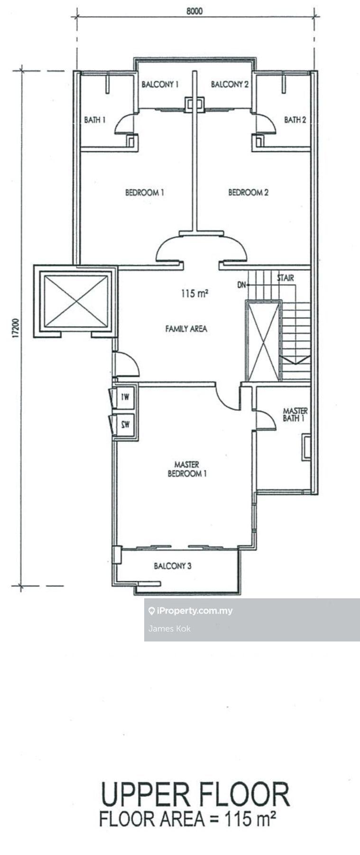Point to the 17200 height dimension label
click(15, 328)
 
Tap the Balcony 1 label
click(160, 84)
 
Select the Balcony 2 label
click(230, 84)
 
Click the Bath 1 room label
click(95, 120)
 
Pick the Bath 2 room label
click(295, 120)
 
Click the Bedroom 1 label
click(145, 193)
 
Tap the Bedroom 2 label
click(248, 193)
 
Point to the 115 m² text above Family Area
click(194, 294)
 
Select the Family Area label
click(186, 328)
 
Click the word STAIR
click(285, 278)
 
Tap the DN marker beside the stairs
click(242, 285)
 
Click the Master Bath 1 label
click(295, 414)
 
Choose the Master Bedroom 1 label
click(187, 469)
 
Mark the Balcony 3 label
click(173, 566)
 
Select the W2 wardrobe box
click(125, 424)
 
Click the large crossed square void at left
click(75, 301)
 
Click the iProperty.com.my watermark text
click(194, 611)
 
